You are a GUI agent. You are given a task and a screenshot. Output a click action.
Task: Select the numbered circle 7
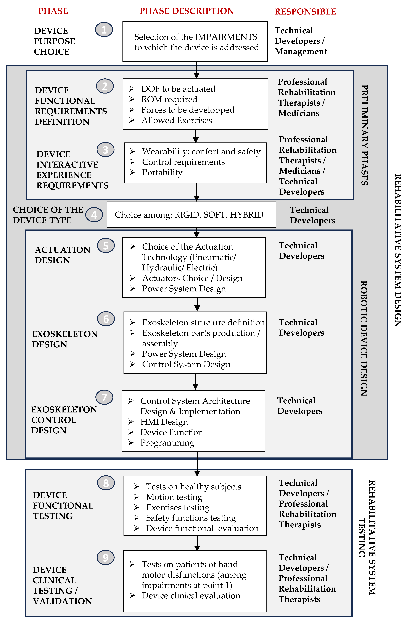click(104, 397)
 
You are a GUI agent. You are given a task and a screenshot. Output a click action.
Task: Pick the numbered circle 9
click(106, 557)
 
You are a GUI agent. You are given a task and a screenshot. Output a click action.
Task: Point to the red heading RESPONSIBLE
click(305, 11)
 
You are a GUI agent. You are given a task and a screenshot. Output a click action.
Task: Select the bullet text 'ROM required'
click(169, 99)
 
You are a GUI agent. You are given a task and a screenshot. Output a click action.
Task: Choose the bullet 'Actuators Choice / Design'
click(192, 278)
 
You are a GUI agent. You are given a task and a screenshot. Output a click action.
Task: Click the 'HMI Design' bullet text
click(164, 422)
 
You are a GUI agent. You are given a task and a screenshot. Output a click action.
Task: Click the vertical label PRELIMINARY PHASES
click(365, 135)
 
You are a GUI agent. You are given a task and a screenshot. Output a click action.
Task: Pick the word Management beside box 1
click(301, 52)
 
